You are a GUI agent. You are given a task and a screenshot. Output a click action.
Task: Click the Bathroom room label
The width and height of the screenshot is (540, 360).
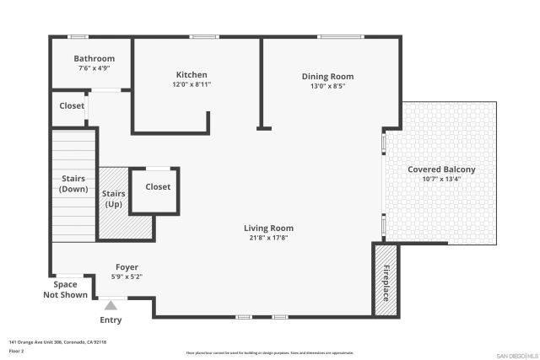(94, 58)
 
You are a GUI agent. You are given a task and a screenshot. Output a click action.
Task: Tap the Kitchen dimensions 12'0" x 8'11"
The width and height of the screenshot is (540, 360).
(192, 84)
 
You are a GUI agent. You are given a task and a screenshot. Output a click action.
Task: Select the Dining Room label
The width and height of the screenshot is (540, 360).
(327, 76)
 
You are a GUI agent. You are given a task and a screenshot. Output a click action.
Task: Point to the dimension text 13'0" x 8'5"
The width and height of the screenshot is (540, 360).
(327, 86)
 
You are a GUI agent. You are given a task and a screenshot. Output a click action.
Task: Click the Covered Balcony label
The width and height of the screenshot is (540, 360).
(441, 169)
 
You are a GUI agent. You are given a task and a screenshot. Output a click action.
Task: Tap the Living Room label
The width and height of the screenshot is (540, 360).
(268, 228)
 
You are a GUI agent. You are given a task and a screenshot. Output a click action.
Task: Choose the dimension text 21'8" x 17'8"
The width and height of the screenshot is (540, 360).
(268, 238)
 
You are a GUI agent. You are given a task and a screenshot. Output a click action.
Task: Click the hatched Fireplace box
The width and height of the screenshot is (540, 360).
(386, 281)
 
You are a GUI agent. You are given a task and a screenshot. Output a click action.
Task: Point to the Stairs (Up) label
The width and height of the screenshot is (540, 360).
(114, 198)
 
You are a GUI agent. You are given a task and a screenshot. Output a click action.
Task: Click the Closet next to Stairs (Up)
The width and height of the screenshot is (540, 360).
(158, 187)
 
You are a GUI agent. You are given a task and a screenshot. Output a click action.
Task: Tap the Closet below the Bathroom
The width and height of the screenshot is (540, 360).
(72, 106)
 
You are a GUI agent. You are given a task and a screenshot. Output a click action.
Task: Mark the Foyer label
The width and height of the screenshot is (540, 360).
(127, 267)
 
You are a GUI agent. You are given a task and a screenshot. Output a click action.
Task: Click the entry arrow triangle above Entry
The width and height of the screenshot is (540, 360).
(111, 304)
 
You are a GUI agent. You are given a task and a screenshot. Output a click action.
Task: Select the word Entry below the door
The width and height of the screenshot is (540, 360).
(111, 320)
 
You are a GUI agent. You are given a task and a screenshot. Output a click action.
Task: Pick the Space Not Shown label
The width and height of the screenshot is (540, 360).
(65, 290)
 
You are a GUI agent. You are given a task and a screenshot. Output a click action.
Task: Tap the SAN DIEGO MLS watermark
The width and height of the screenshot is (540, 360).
(516, 355)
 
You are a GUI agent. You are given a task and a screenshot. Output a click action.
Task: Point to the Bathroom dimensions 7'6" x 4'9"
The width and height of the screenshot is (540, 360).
(94, 68)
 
